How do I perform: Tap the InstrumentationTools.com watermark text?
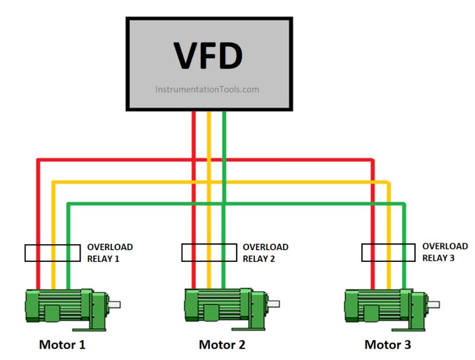[207, 90]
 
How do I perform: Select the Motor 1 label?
[62, 345]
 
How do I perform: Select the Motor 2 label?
[222, 345]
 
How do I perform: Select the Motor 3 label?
[388, 345]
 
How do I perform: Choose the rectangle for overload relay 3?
[389, 252]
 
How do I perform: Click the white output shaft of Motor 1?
[114, 305]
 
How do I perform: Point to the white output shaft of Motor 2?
[273, 305]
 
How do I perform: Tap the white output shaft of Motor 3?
[433, 305]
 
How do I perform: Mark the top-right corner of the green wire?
[404, 204]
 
